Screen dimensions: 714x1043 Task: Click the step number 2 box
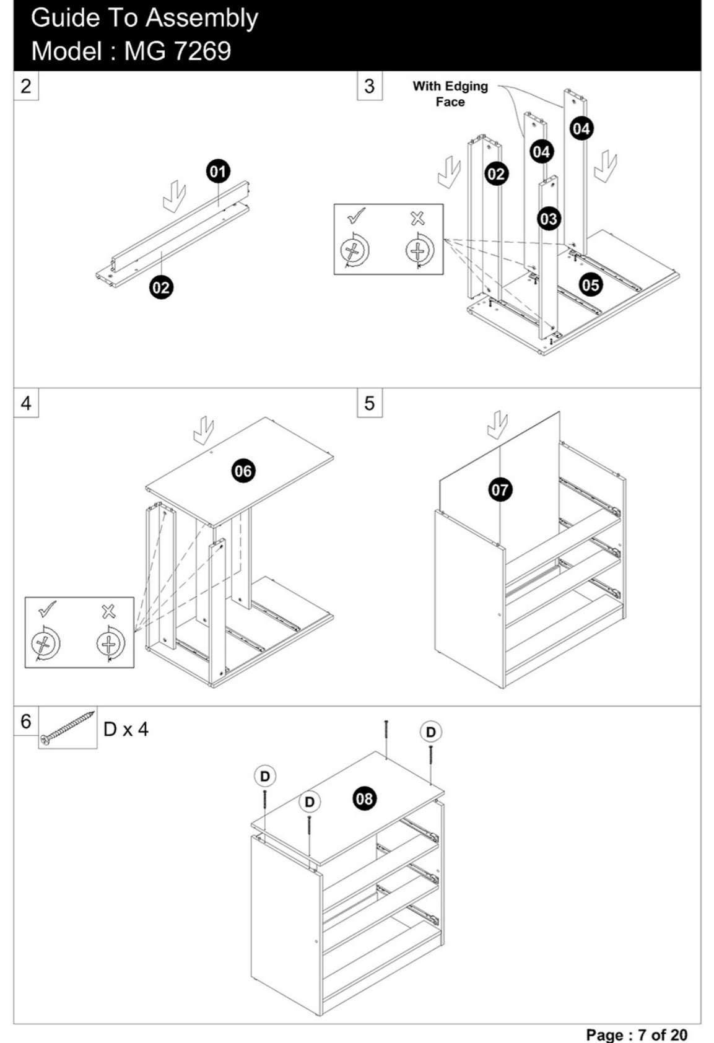tap(26, 85)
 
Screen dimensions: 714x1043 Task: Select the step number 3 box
tap(370, 85)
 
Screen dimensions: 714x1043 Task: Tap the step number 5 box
tap(370, 403)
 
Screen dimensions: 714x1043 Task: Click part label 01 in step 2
tap(218, 172)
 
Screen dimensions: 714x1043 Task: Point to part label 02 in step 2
tap(162, 287)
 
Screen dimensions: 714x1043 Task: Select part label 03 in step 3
tap(549, 219)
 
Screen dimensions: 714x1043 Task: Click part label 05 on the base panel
tap(591, 284)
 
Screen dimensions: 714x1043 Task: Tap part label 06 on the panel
tap(243, 471)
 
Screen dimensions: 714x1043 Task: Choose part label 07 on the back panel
tap(500, 489)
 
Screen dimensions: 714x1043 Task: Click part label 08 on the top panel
tap(365, 798)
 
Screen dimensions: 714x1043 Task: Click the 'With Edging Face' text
tap(450, 94)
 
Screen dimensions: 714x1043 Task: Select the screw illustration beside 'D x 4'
tap(68, 728)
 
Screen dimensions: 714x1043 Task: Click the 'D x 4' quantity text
tap(126, 729)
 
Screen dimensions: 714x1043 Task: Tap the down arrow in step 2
tap(175, 196)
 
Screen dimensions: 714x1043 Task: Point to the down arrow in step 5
tap(497, 425)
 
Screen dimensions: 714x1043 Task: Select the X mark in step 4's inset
tap(109, 611)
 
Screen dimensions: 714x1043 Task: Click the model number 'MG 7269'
tap(177, 51)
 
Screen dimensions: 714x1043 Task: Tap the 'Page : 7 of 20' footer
tap(636, 1034)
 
